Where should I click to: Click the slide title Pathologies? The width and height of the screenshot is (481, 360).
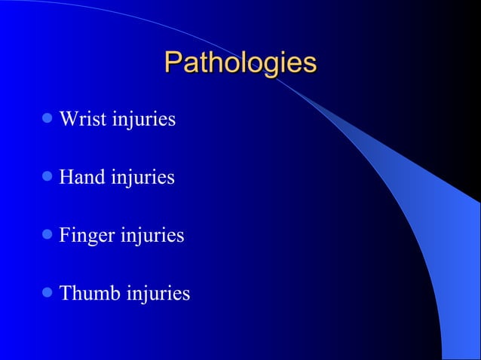(x=240, y=63)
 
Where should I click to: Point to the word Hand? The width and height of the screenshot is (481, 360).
(x=80, y=178)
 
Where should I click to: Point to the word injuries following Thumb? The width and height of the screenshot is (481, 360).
(x=158, y=294)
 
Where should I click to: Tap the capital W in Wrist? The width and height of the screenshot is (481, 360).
(x=68, y=119)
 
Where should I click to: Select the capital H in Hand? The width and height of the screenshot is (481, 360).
(x=66, y=178)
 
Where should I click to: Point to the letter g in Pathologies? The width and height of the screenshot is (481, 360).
(x=270, y=66)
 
